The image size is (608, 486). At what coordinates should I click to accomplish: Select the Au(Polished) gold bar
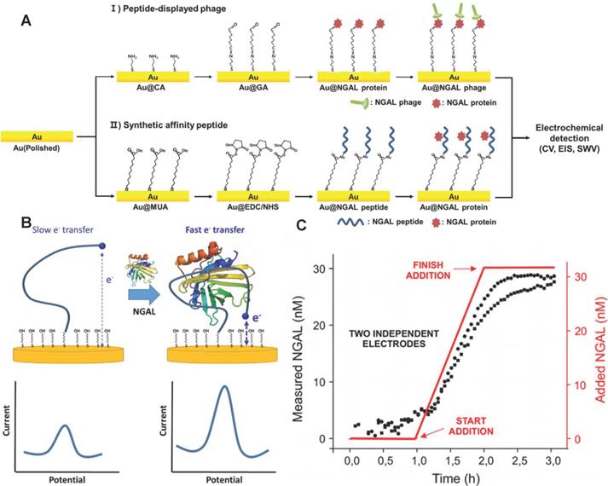[36, 136]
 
